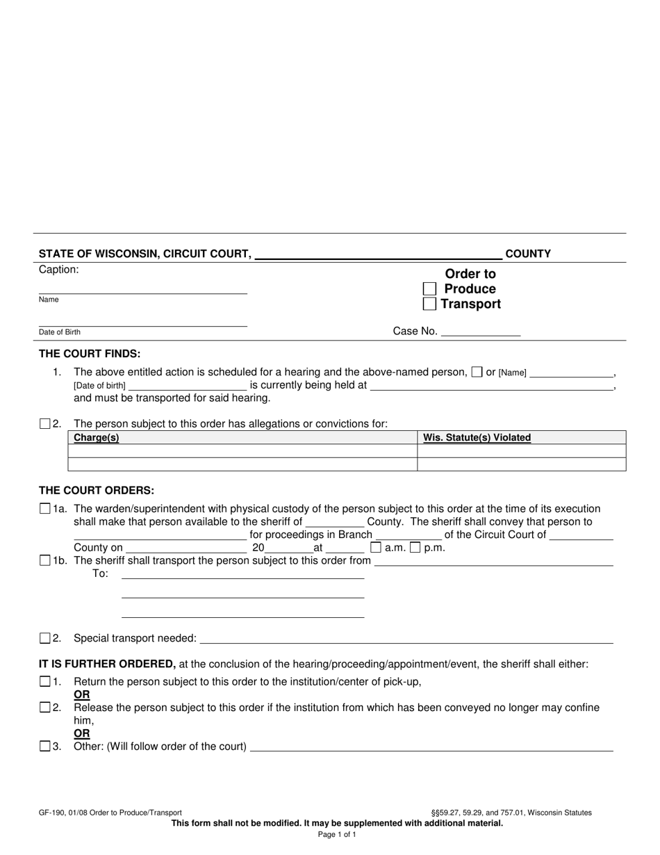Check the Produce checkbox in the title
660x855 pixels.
[x=430, y=289]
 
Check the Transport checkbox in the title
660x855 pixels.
[x=430, y=304]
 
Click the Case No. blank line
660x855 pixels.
[x=481, y=332]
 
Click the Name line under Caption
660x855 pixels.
[x=142, y=289]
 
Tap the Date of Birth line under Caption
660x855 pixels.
[x=142, y=322]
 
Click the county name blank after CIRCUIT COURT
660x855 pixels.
[x=379, y=254]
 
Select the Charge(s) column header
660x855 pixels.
[x=97, y=438]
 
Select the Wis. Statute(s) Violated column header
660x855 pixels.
[x=477, y=438]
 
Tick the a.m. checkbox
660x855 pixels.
[x=376, y=547]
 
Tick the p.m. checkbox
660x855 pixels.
[x=415, y=547]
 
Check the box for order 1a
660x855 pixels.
[x=45, y=509]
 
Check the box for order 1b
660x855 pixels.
[x=45, y=560]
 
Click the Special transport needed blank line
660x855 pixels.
[x=406, y=639]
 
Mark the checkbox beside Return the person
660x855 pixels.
[x=45, y=681]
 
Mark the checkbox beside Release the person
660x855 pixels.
[x=45, y=708]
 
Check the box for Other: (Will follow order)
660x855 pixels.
[x=45, y=747]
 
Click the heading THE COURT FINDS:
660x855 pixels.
[x=90, y=354]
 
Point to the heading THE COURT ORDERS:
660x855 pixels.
[x=97, y=490]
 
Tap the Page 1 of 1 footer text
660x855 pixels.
[x=337, y=834]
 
